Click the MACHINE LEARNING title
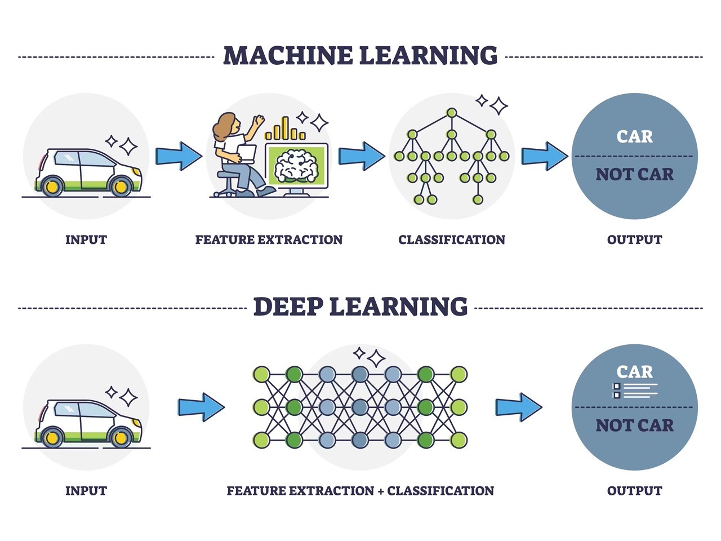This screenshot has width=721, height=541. click(x=360, y=56)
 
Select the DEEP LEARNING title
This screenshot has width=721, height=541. click(x=360, y=307)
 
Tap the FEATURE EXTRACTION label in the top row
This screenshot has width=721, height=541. click(x=269, y=240)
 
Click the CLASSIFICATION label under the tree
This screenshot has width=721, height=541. click(x=451, y=240)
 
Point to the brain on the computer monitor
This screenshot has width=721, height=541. click(x=296, y=165)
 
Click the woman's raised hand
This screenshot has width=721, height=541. click(x=259, y=120)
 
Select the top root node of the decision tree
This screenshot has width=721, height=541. click(x=451, y=113)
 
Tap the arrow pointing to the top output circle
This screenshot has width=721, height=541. click(x=544, y=156)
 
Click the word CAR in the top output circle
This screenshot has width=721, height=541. click(x=634, y=136)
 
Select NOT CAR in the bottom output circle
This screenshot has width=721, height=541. click(x=634, y=425)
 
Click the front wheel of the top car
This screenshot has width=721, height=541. click(x=121, y=186)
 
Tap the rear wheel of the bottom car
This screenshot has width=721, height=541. click(x=52, y=437)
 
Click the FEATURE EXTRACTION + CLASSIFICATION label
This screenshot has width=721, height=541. click(x=360, y=491)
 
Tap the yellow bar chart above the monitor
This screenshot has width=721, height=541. click(x=285, y=129)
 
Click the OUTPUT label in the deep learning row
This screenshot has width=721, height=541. click(x=634, y=491)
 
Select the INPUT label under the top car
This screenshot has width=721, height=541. click(x=86, y=240)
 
